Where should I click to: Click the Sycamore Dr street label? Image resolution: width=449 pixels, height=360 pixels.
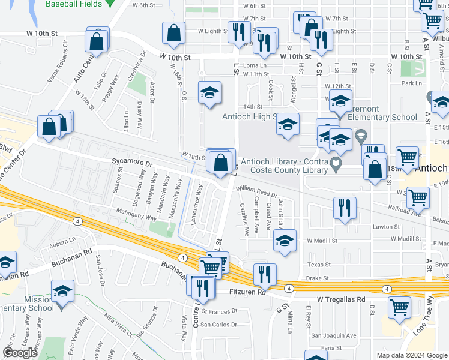coord(133,163)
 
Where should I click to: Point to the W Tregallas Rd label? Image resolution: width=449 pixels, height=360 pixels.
coord(341,299)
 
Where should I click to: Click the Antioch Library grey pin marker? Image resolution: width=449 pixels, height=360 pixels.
coord(335,161)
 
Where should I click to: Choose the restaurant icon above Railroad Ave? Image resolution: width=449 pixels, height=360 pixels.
coord(345,208)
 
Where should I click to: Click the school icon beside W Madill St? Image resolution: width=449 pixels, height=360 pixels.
coord(285,242)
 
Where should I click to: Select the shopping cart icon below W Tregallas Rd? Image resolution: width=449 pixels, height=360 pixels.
coord(399,307)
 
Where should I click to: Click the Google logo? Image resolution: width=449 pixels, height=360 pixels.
coord(20,353)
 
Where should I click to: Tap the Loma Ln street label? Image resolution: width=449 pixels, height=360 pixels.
coord(255,65)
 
